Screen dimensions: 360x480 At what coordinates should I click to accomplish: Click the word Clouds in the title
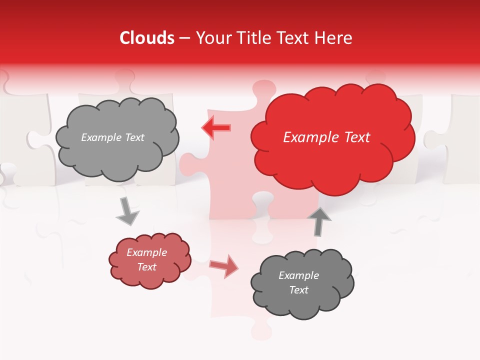coord(147,38)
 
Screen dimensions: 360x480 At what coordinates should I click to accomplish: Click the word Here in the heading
coord(335,38)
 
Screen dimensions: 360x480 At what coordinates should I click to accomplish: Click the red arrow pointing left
coord(215,128)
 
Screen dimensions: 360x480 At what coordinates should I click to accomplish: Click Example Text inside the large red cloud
coord(326,137)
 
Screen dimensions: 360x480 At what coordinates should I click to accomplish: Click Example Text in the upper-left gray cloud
coord(112,137)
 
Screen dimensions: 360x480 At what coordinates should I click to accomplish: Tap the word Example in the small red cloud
coord(146,252)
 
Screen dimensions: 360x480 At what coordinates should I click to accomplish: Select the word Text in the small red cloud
coord(146,267)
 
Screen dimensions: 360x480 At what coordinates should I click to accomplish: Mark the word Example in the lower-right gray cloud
coord(298,275)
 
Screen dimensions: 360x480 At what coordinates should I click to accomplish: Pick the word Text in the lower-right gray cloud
coord(298,290)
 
